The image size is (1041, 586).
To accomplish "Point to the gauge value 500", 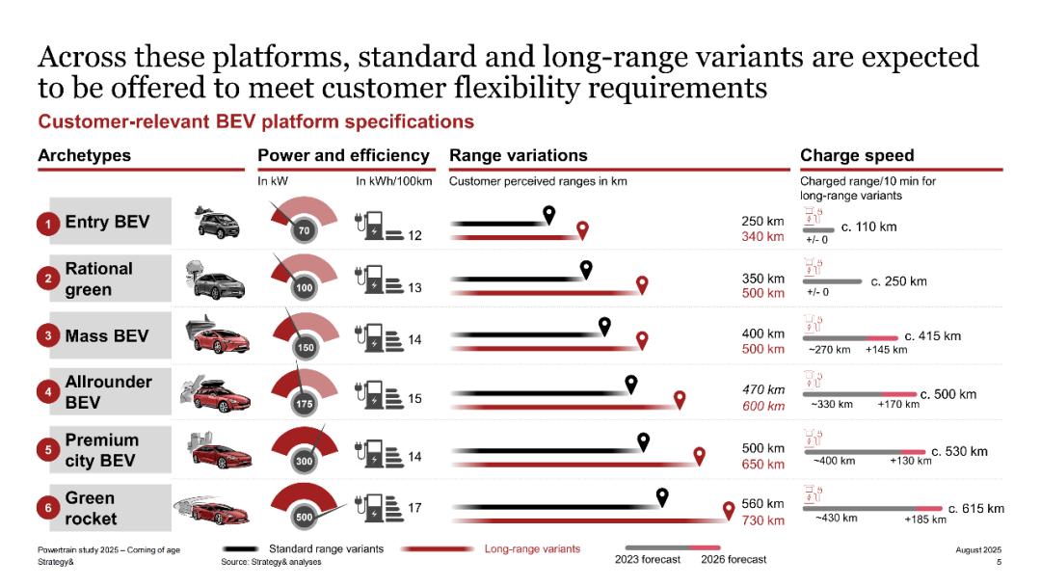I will (304, 518).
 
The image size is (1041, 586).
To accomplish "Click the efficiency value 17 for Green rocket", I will (414, 507).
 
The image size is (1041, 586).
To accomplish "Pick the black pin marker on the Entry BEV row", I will (549, 215).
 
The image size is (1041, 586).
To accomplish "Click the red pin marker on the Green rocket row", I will (730, 510).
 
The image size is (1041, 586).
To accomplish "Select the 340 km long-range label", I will (762, 237).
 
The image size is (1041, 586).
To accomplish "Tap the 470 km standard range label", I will (762, 390).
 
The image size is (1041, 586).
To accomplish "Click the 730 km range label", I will (762, 520).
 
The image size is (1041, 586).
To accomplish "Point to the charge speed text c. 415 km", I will (932, 336).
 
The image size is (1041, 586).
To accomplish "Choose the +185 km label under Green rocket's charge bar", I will (924, 519).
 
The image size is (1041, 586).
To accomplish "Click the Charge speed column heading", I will (857, 156).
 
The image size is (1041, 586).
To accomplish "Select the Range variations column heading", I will (518, 156).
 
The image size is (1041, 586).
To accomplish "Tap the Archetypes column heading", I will (84, 156).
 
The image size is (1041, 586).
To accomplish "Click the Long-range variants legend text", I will (532, 549).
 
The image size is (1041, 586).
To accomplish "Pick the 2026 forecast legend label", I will (734, 559).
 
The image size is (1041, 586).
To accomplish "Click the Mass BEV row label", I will (107, 336).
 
